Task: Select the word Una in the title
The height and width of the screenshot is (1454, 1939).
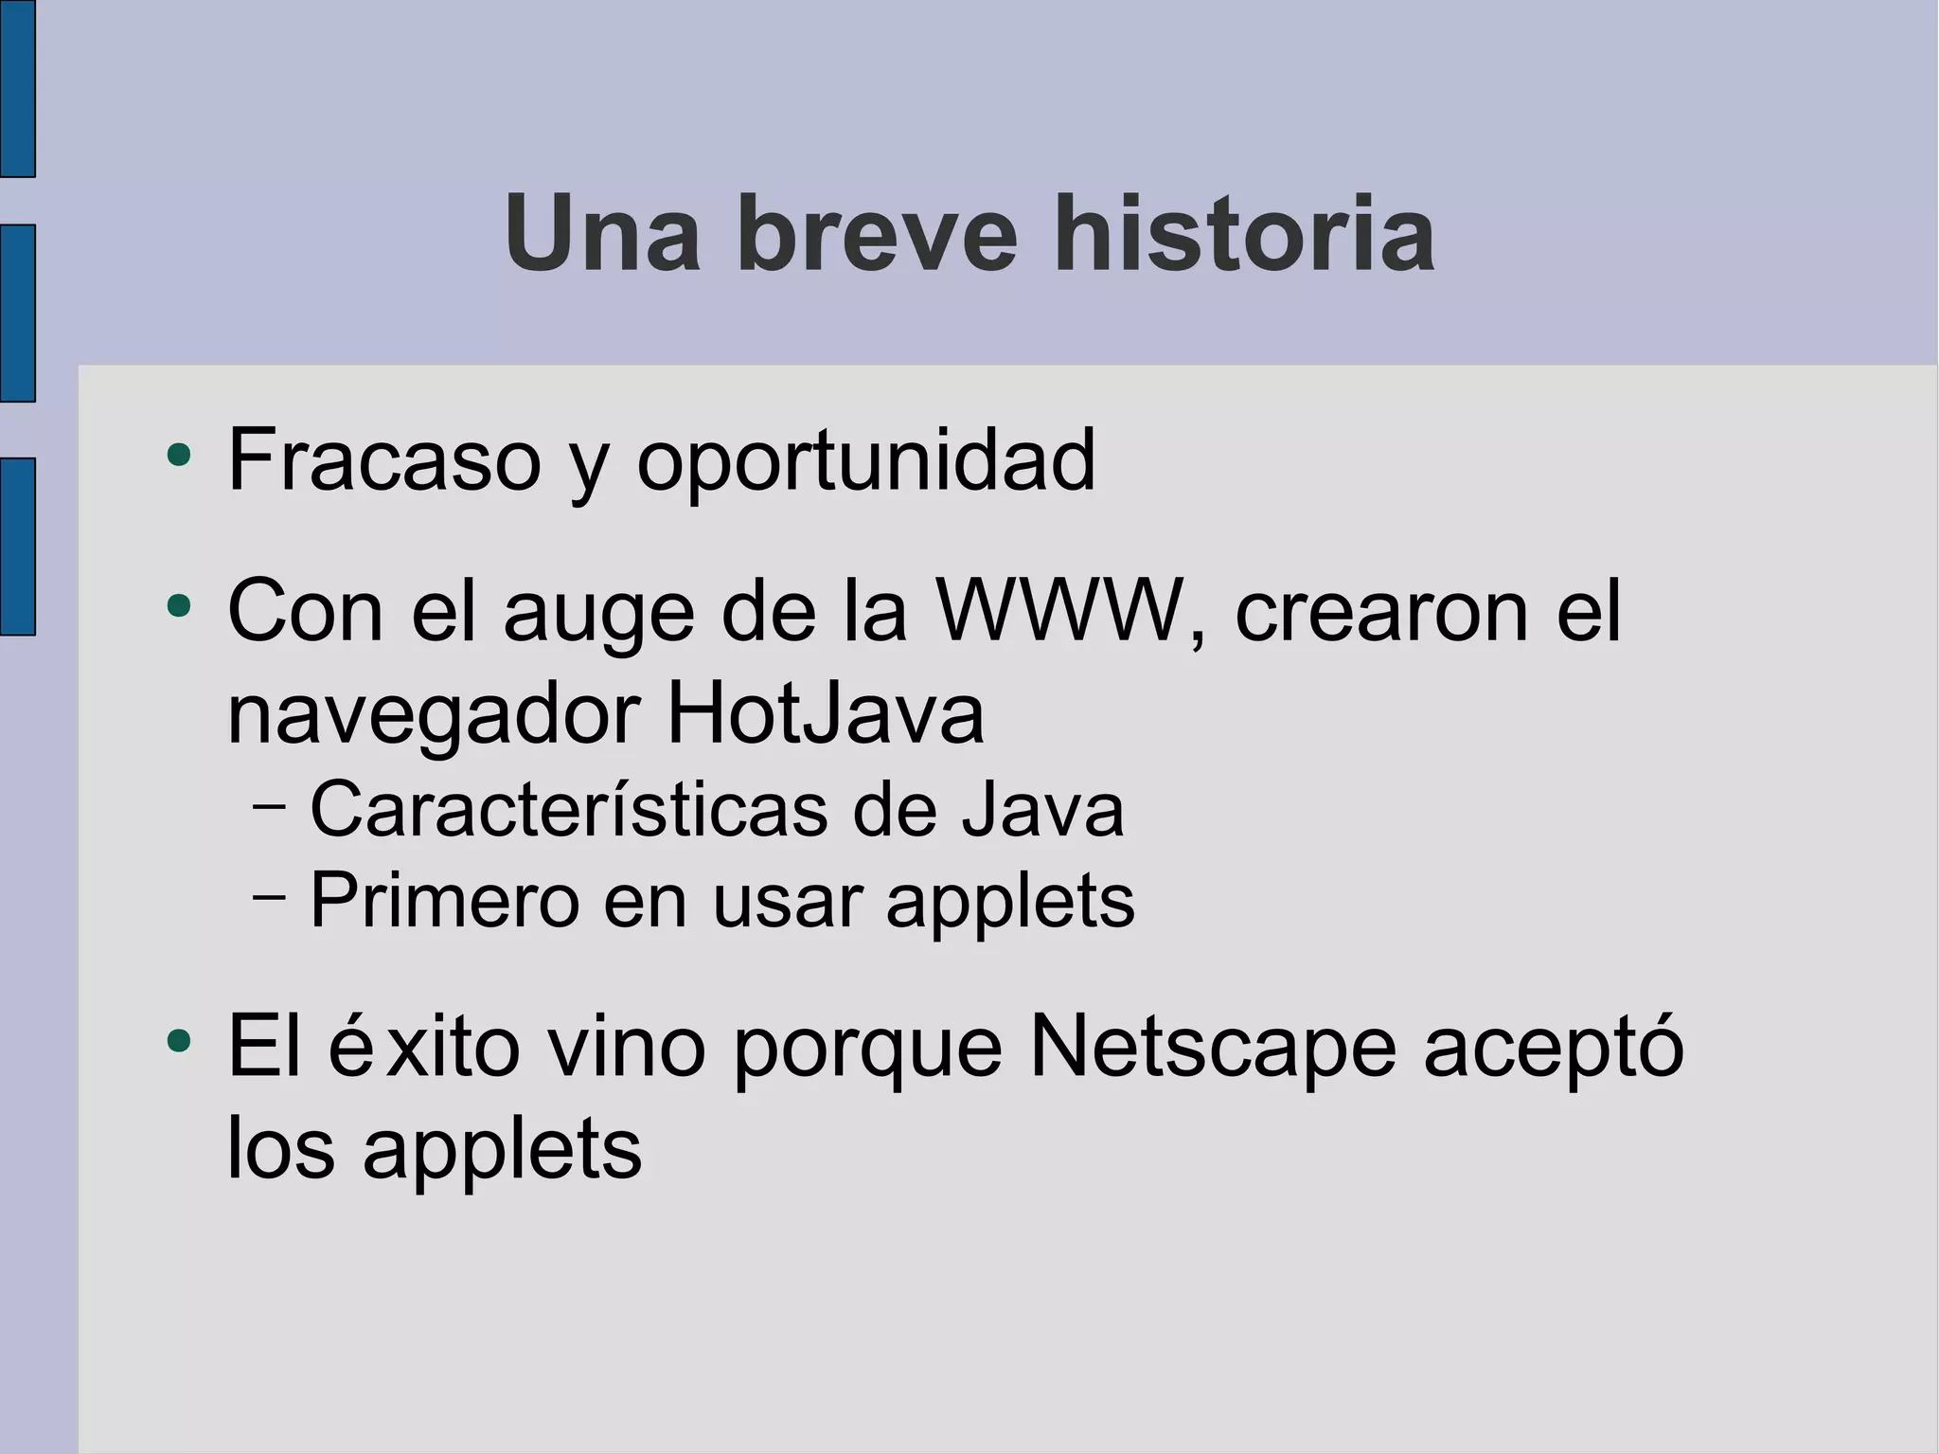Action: [x=602, y=233]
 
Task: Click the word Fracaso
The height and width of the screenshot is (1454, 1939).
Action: [x=384, y=460]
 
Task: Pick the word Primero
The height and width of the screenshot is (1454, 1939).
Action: [x=444, y=901]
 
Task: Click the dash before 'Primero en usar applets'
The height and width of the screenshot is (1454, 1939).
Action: [x=270, y=896]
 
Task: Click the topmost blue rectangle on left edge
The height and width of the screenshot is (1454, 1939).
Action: [x=17, y=88]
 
